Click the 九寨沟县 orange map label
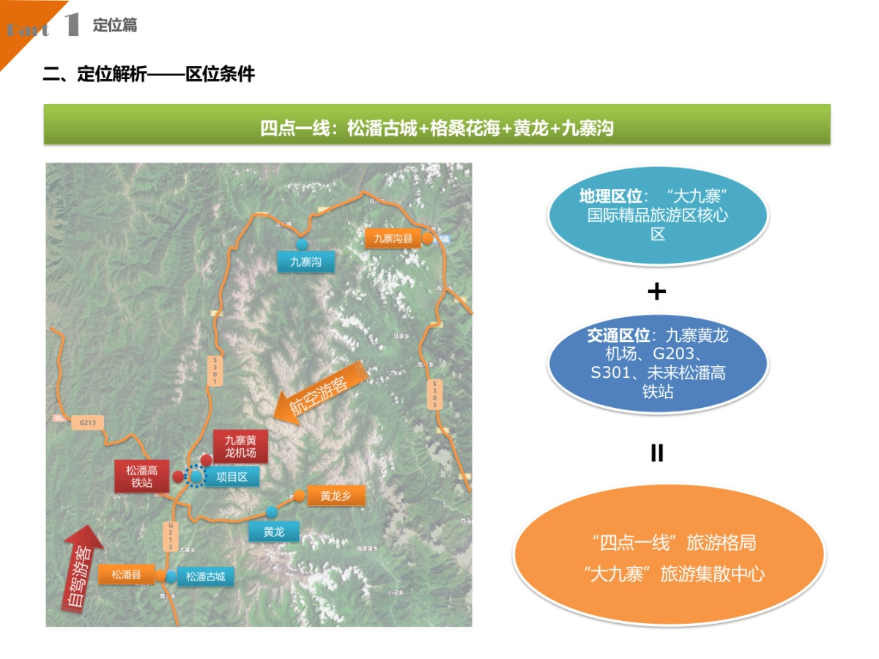click(393, 238)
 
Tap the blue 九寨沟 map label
click(305, 261)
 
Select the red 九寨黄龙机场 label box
click(240, 446)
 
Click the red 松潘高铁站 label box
click(141, 476)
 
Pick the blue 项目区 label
click(232, 477)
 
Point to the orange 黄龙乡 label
click(335, 496)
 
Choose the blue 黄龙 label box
click(274, 532)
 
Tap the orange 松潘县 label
click(126, 575)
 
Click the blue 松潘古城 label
click(205, 576)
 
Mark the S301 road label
click(215, 371)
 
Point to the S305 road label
click(434, 395)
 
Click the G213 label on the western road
click(88, 422)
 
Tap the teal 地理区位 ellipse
click(658, 215)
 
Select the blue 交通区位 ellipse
click(658, 364)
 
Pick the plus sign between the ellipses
click(657, 291)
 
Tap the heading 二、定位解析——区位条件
click(149, 74)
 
